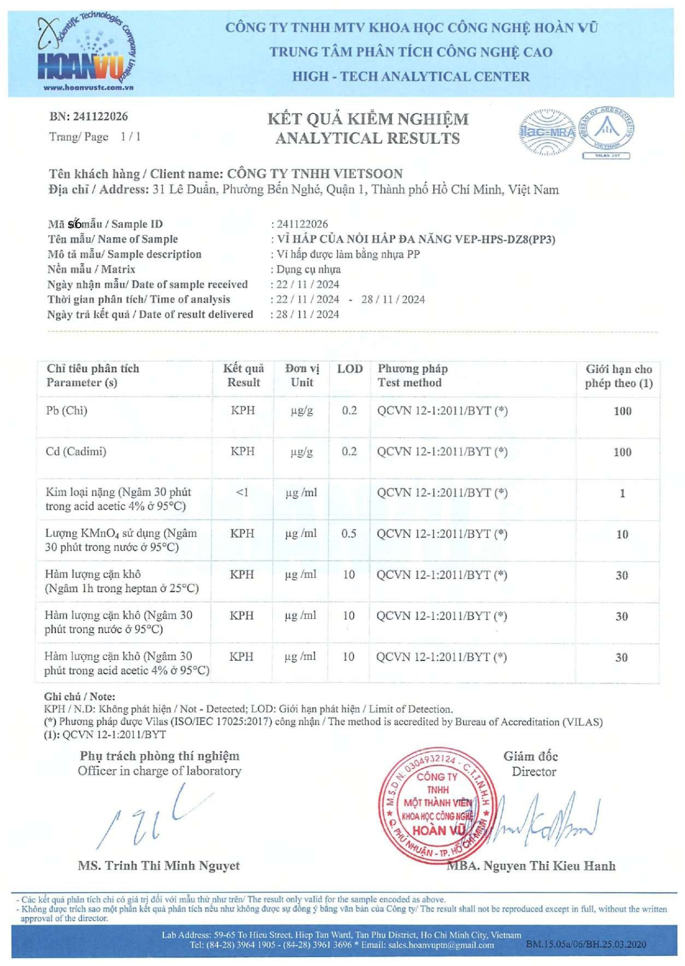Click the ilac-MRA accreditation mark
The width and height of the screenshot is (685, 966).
[x=547, y=133]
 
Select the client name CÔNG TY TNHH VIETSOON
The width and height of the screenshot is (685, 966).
[x=314, y=174]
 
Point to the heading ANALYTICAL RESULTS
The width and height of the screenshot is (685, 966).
[x=367, y=138]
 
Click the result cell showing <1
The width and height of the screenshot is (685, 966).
[x=243, y=492]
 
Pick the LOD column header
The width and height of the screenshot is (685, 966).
[x=350, y=369]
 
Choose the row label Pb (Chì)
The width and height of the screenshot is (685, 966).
[x=67, y=410]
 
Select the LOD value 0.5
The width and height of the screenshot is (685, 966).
[x=348, y=534]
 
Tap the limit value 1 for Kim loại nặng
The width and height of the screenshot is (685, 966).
[x=622, y=493]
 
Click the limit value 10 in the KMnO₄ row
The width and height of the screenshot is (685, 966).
[x=622, y=534]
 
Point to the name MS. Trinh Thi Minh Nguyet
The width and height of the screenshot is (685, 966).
[x=158, y=865]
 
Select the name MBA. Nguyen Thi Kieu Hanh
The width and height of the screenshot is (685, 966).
[x=531, y=866]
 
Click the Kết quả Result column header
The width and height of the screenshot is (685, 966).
[x=243, y=375]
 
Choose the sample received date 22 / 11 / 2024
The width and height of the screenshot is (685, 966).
[x=307, y=284]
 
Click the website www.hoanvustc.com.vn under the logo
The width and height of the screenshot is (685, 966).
[x=88, y=88]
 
